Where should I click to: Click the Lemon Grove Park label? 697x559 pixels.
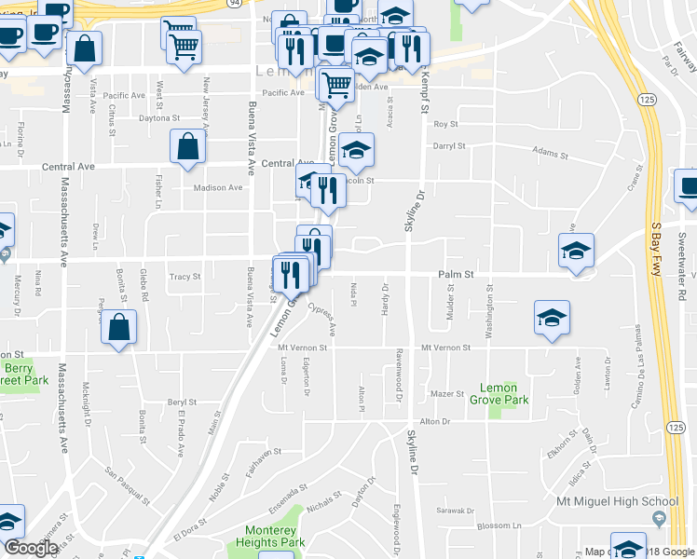[503, 392]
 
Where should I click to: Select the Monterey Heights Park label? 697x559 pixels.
[268, 536]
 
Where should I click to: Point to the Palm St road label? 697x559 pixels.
[458, 275]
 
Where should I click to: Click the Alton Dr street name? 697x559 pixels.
[434, 421]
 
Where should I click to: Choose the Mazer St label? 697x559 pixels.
[448, 394]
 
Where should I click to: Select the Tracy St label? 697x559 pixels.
[184, 277]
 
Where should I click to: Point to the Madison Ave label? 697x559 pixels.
[217, 187]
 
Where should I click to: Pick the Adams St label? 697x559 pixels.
[550, 152]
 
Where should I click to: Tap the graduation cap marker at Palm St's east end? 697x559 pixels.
[576, 251]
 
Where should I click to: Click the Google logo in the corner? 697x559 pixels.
[31, 548]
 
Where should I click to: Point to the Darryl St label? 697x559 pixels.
[449, 146]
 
